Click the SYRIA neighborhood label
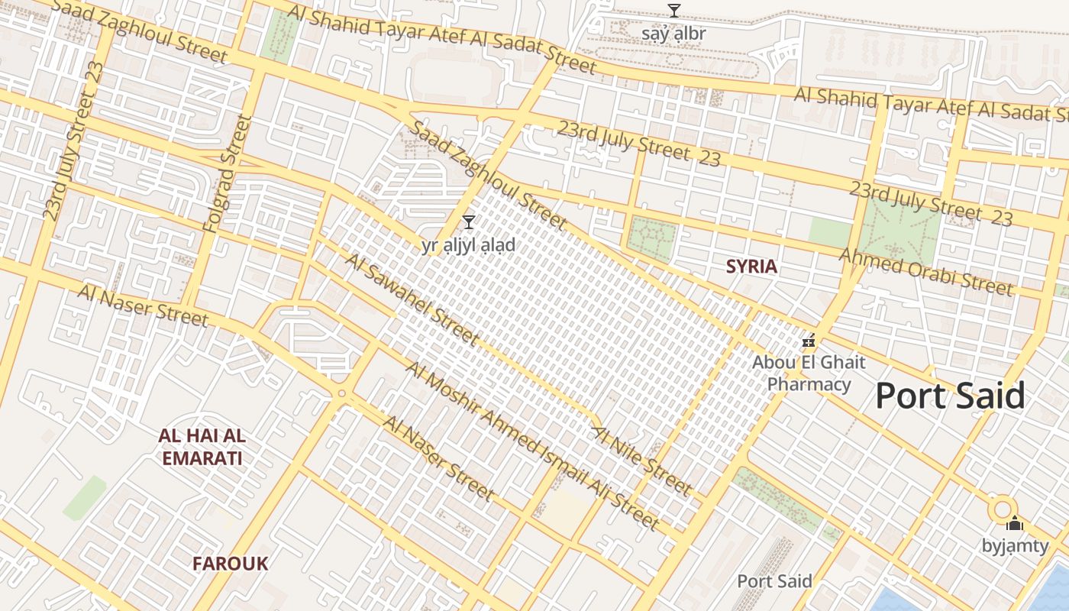tap(751, 267)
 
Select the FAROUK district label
tap(230, 564)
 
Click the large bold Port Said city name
tap(950, 396)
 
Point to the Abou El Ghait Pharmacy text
tap(809, 373)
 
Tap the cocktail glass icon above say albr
tap(673, 10)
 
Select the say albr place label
tap(673, 34)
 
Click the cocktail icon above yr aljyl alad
tap(469, 222)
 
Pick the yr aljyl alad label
tap(469, 245)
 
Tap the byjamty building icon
tap(1014, 524)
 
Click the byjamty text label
tap(1014, 545)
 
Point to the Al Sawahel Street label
tap(412, 299)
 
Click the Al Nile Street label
tap(642, 460)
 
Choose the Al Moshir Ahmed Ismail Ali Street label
tap(531, 445)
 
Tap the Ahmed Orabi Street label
tap(926, 272)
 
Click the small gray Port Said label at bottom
tap(774, 581)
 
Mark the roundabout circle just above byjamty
tap(1002, 508)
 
